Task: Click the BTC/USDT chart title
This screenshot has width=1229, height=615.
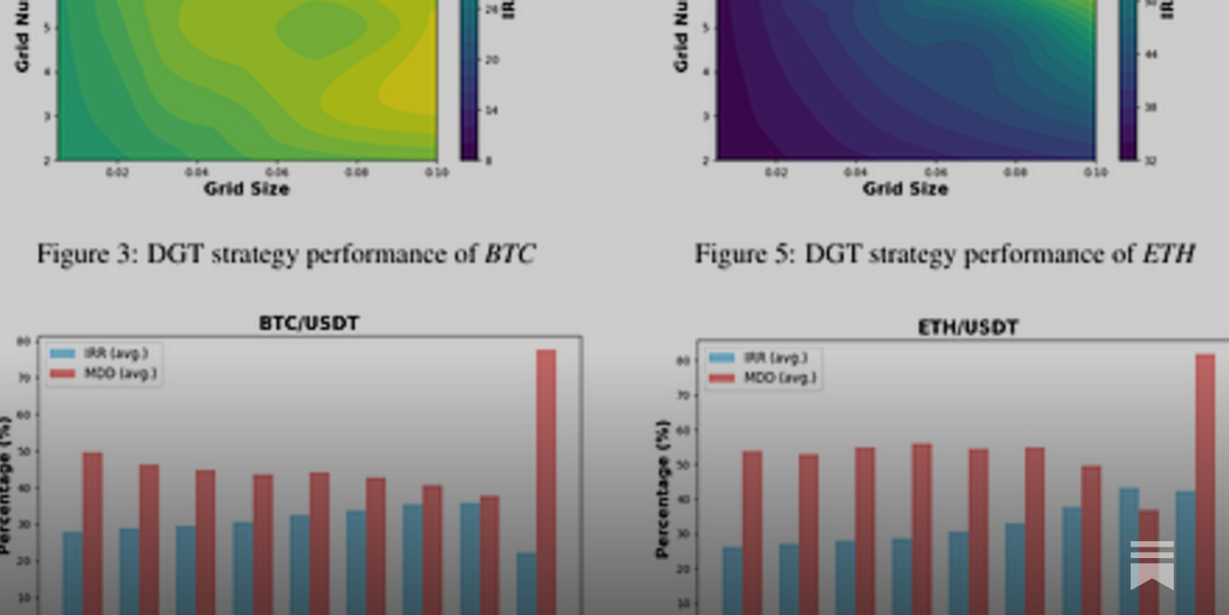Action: [x=309, y=324]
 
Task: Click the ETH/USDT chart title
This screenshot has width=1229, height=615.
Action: [x=968, y=328]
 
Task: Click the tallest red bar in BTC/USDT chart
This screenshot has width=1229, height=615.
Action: [x=546, y=480]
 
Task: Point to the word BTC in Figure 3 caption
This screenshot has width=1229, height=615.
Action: [x=509, y=254]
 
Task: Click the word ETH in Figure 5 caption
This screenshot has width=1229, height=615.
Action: [x=1168, y=254]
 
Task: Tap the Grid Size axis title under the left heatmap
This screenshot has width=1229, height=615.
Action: [x=247, y=189]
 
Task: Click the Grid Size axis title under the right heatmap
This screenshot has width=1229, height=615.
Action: [x=906, y=189]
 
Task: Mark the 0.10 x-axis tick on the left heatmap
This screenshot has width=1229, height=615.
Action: [x=436, y=172]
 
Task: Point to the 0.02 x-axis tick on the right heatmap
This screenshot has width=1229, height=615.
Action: [x=776, y=172]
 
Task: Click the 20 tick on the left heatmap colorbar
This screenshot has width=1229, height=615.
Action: [x=492, y=60]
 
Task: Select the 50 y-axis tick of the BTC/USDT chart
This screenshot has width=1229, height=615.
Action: [x=24, y=452]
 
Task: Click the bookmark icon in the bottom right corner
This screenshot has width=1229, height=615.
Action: [x=1151, y=564]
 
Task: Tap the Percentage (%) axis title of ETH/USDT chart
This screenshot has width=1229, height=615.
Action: [x=662, y=488]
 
